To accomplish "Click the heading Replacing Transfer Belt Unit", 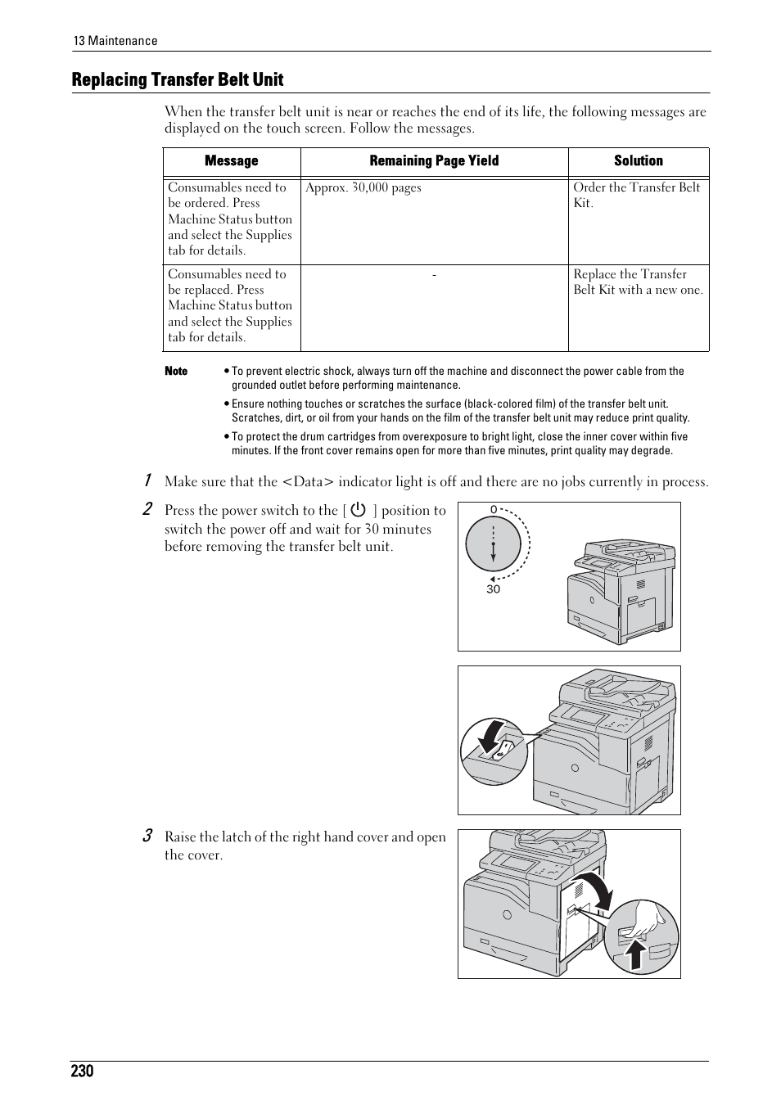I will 178,79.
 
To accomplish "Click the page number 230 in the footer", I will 82,1071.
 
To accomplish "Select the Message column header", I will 231,161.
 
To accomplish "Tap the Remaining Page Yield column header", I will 434,161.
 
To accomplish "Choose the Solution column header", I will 639,161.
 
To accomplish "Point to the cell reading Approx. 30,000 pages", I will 363,188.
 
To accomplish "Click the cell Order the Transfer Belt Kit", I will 636,195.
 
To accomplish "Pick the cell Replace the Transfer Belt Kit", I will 638,282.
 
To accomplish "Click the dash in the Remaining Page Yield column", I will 434,275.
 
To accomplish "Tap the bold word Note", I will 176,371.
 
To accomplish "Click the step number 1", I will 147,480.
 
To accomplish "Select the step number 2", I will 147,509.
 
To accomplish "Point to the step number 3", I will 147,836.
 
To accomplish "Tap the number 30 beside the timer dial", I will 493,589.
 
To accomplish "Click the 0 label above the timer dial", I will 494,510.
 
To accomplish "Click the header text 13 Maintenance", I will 115,41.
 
